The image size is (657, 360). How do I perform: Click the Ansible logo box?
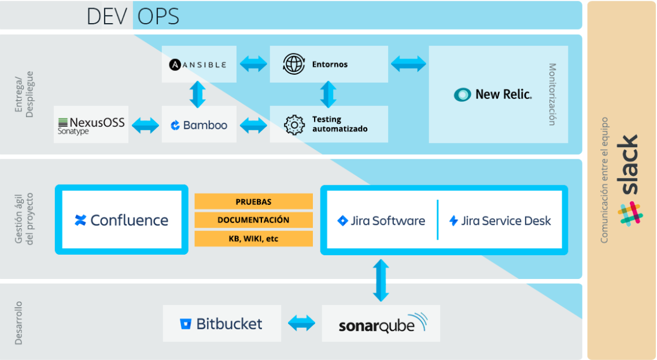pyautogui.click(x=198, y=64)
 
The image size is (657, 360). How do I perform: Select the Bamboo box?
pyautogui.click(x=199, y=124)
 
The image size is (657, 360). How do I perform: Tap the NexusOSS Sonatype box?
pyautogui.click(x=91, y=124)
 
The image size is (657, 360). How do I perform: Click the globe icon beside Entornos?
pyautogui.click(x=294, y=64)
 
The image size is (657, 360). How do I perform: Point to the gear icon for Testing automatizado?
pyautogui.click(x=294, y=124)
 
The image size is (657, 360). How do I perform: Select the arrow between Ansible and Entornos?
pyautogui.click(x=253, y=64)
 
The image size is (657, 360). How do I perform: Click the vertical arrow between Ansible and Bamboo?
pyautogui.click(x=198, y=94)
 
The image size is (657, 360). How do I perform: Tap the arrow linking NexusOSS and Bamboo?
pyautogui.click(x=145, y=125)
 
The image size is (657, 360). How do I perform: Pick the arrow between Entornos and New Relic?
pyautogui.click(x=408, y=64)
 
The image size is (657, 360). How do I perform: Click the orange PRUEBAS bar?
pyautogui.click(x=253, y=201)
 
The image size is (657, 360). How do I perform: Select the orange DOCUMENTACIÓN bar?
pyautogui.click(x=253, y=220)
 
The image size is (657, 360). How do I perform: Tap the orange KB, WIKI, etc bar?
pyautogui.click(x=253, y=238)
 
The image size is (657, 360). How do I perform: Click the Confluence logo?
pyautogui.click(x=121, y=220)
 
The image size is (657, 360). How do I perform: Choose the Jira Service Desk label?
pyautogui.click(x=500, y=221)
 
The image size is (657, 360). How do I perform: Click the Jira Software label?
pyautogui.click(x=381, y=221)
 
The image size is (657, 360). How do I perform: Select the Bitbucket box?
pyautogui.click(x=222, y=324)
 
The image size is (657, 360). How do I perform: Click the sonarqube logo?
pyautogui.click(x=381, y=324)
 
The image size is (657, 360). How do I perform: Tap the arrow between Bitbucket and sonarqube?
pyautogui.click(x=301, y=324)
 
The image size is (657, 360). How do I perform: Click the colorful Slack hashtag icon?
pyautogui.click(x=630, y=213)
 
